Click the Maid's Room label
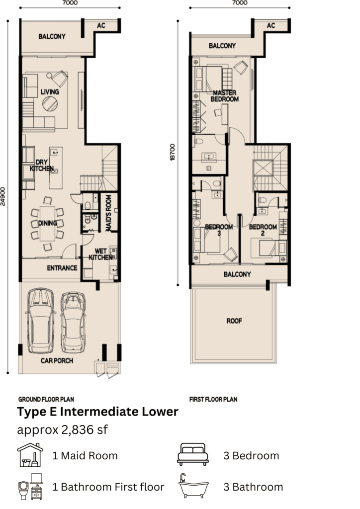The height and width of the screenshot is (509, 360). click(x=108, y=213)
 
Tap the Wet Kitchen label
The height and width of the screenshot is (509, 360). click(x=100, y=254)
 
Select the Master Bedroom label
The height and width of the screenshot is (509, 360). click(x=225, y=96)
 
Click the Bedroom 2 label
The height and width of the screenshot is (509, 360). click(x=263, y=230)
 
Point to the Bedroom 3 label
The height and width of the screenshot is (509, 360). click(x=219, y=230)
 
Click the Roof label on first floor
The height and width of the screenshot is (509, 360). click(x=234, y=321)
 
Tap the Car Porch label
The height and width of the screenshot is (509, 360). click(x=57, y=361)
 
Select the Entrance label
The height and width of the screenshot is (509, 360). click(x=62, y=268)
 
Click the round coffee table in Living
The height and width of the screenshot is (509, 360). click(x=50, y=104)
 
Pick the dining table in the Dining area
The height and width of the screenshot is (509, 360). click(x=47, y=224)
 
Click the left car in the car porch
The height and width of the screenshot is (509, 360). click(x=40, y=321)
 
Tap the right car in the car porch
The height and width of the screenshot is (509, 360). click(x=74, y=322)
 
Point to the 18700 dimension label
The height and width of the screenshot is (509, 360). click(x=173, y=152)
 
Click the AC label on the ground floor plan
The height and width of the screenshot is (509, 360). click(x=101, y=25)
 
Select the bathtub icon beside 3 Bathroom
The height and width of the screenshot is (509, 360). click(x=193, y=486)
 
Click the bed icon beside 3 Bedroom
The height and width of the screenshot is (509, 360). click(x=193, y=454)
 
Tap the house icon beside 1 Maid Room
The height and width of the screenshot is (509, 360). click(x=30, y=455)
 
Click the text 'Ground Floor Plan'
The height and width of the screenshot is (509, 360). click(x=46, y=399)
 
